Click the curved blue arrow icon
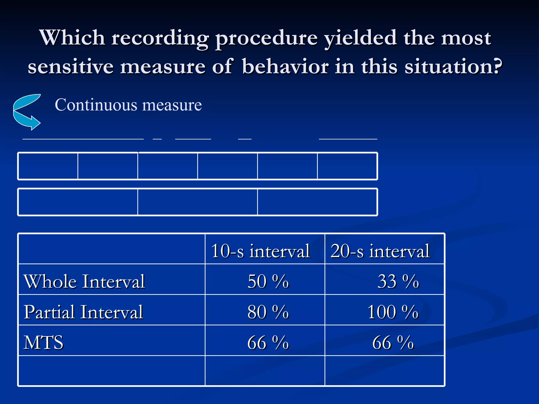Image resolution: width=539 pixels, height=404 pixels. [26, 113]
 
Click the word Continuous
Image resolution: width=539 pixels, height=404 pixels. [96, 105]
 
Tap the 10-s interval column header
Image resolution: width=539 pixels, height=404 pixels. [260, 251]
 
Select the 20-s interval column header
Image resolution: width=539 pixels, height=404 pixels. [380, 251]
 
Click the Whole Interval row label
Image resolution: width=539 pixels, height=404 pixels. [84, 281]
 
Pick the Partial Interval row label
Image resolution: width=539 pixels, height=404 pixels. [83, 312]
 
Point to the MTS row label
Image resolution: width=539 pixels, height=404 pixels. [43, 342]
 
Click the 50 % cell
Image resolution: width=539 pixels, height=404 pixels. [268, 281]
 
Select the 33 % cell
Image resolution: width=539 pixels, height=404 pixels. [398, 281]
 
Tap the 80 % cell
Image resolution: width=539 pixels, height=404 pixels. [268, 312]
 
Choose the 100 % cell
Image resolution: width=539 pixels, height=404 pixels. [392, 312]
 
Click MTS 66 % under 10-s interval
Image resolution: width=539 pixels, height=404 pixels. [268, 342]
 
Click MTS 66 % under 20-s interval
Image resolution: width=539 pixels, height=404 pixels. [393, 342]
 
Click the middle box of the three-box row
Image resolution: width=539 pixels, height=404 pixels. [197, 202]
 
